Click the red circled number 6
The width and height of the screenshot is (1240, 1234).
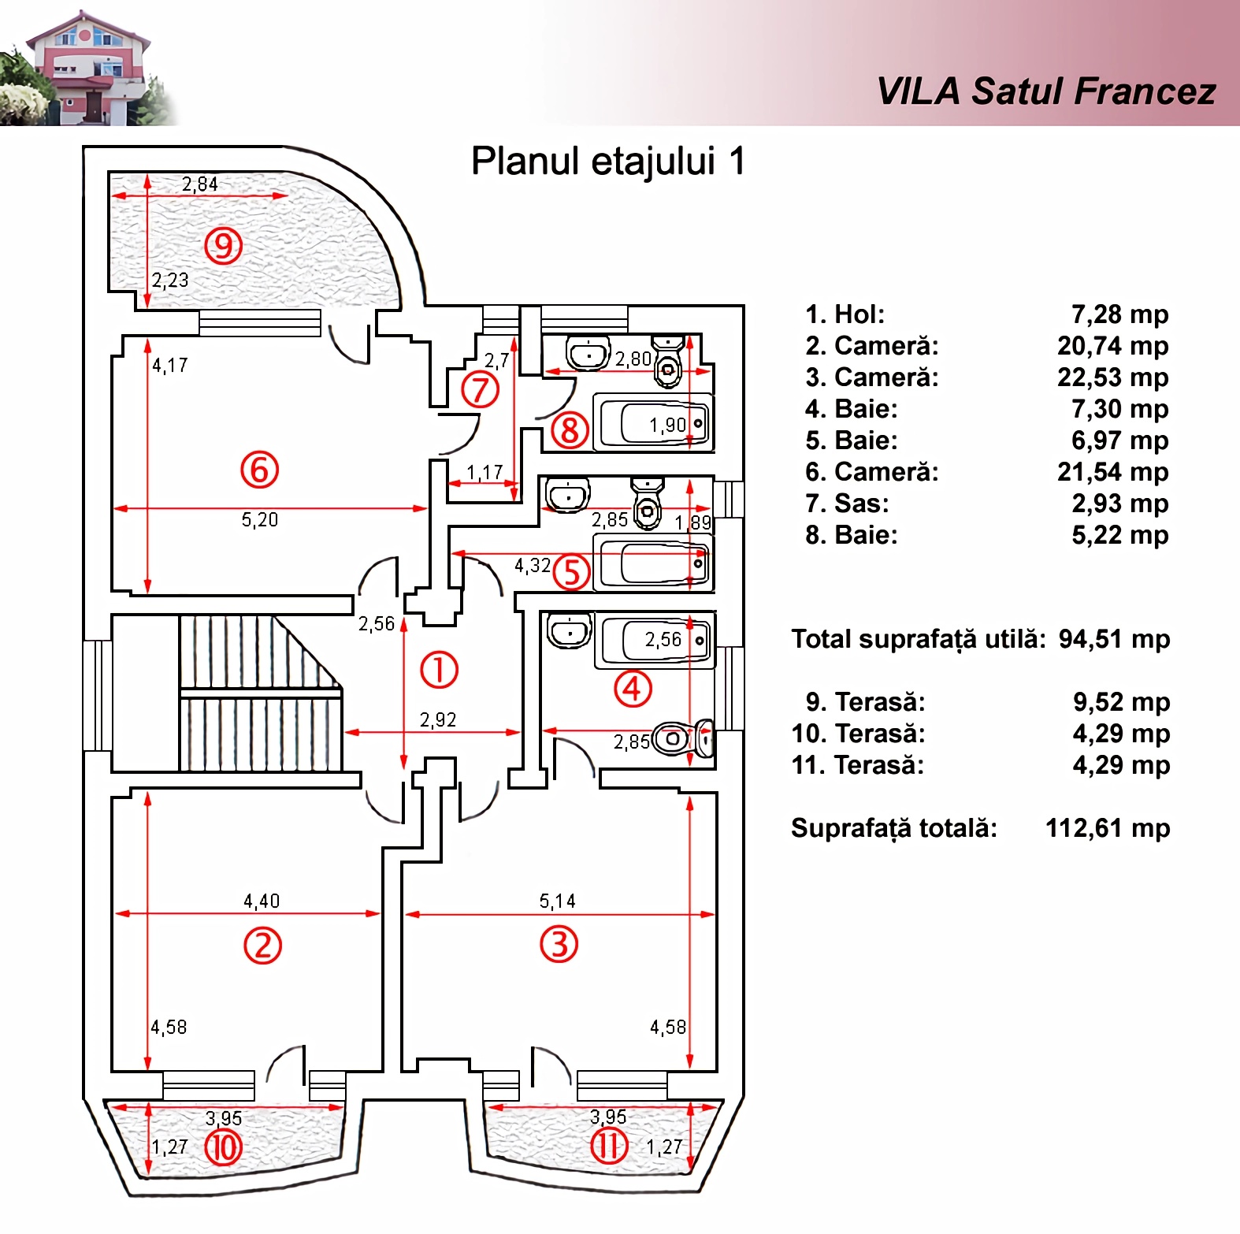(259, 470)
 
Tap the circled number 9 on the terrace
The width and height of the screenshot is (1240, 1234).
(224, 246)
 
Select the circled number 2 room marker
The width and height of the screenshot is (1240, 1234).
(262, 945)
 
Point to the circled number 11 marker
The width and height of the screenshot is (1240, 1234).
(609, 1145)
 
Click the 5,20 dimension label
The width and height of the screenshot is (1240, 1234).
(260, 520)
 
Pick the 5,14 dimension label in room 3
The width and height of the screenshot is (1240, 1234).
(557, 901)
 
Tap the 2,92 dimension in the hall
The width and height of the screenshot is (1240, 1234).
(438, 719)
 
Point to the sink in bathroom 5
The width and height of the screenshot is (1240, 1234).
(567, 495)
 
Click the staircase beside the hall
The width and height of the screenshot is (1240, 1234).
(261, 693)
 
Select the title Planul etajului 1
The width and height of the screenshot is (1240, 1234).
(607, 161)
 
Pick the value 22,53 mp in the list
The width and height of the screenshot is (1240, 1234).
(1113, 377)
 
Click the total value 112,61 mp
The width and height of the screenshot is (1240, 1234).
(1108, 828)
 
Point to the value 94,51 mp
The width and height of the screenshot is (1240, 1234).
(1114, 639)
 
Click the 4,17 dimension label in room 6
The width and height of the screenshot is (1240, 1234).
(170, 365)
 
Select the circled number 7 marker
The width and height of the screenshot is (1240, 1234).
(481, 390)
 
